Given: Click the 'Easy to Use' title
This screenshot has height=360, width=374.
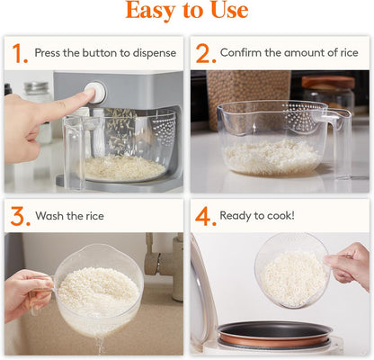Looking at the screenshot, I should [x=187, y=12].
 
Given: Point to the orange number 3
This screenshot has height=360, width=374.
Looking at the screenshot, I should [x=19, y=216].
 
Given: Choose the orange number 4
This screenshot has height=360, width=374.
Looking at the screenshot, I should [x=205, y=216].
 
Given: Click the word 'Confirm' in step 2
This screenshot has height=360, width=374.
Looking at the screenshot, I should [x=243, y=53].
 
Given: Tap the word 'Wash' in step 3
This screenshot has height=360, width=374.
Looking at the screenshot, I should [x=50, y=217].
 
